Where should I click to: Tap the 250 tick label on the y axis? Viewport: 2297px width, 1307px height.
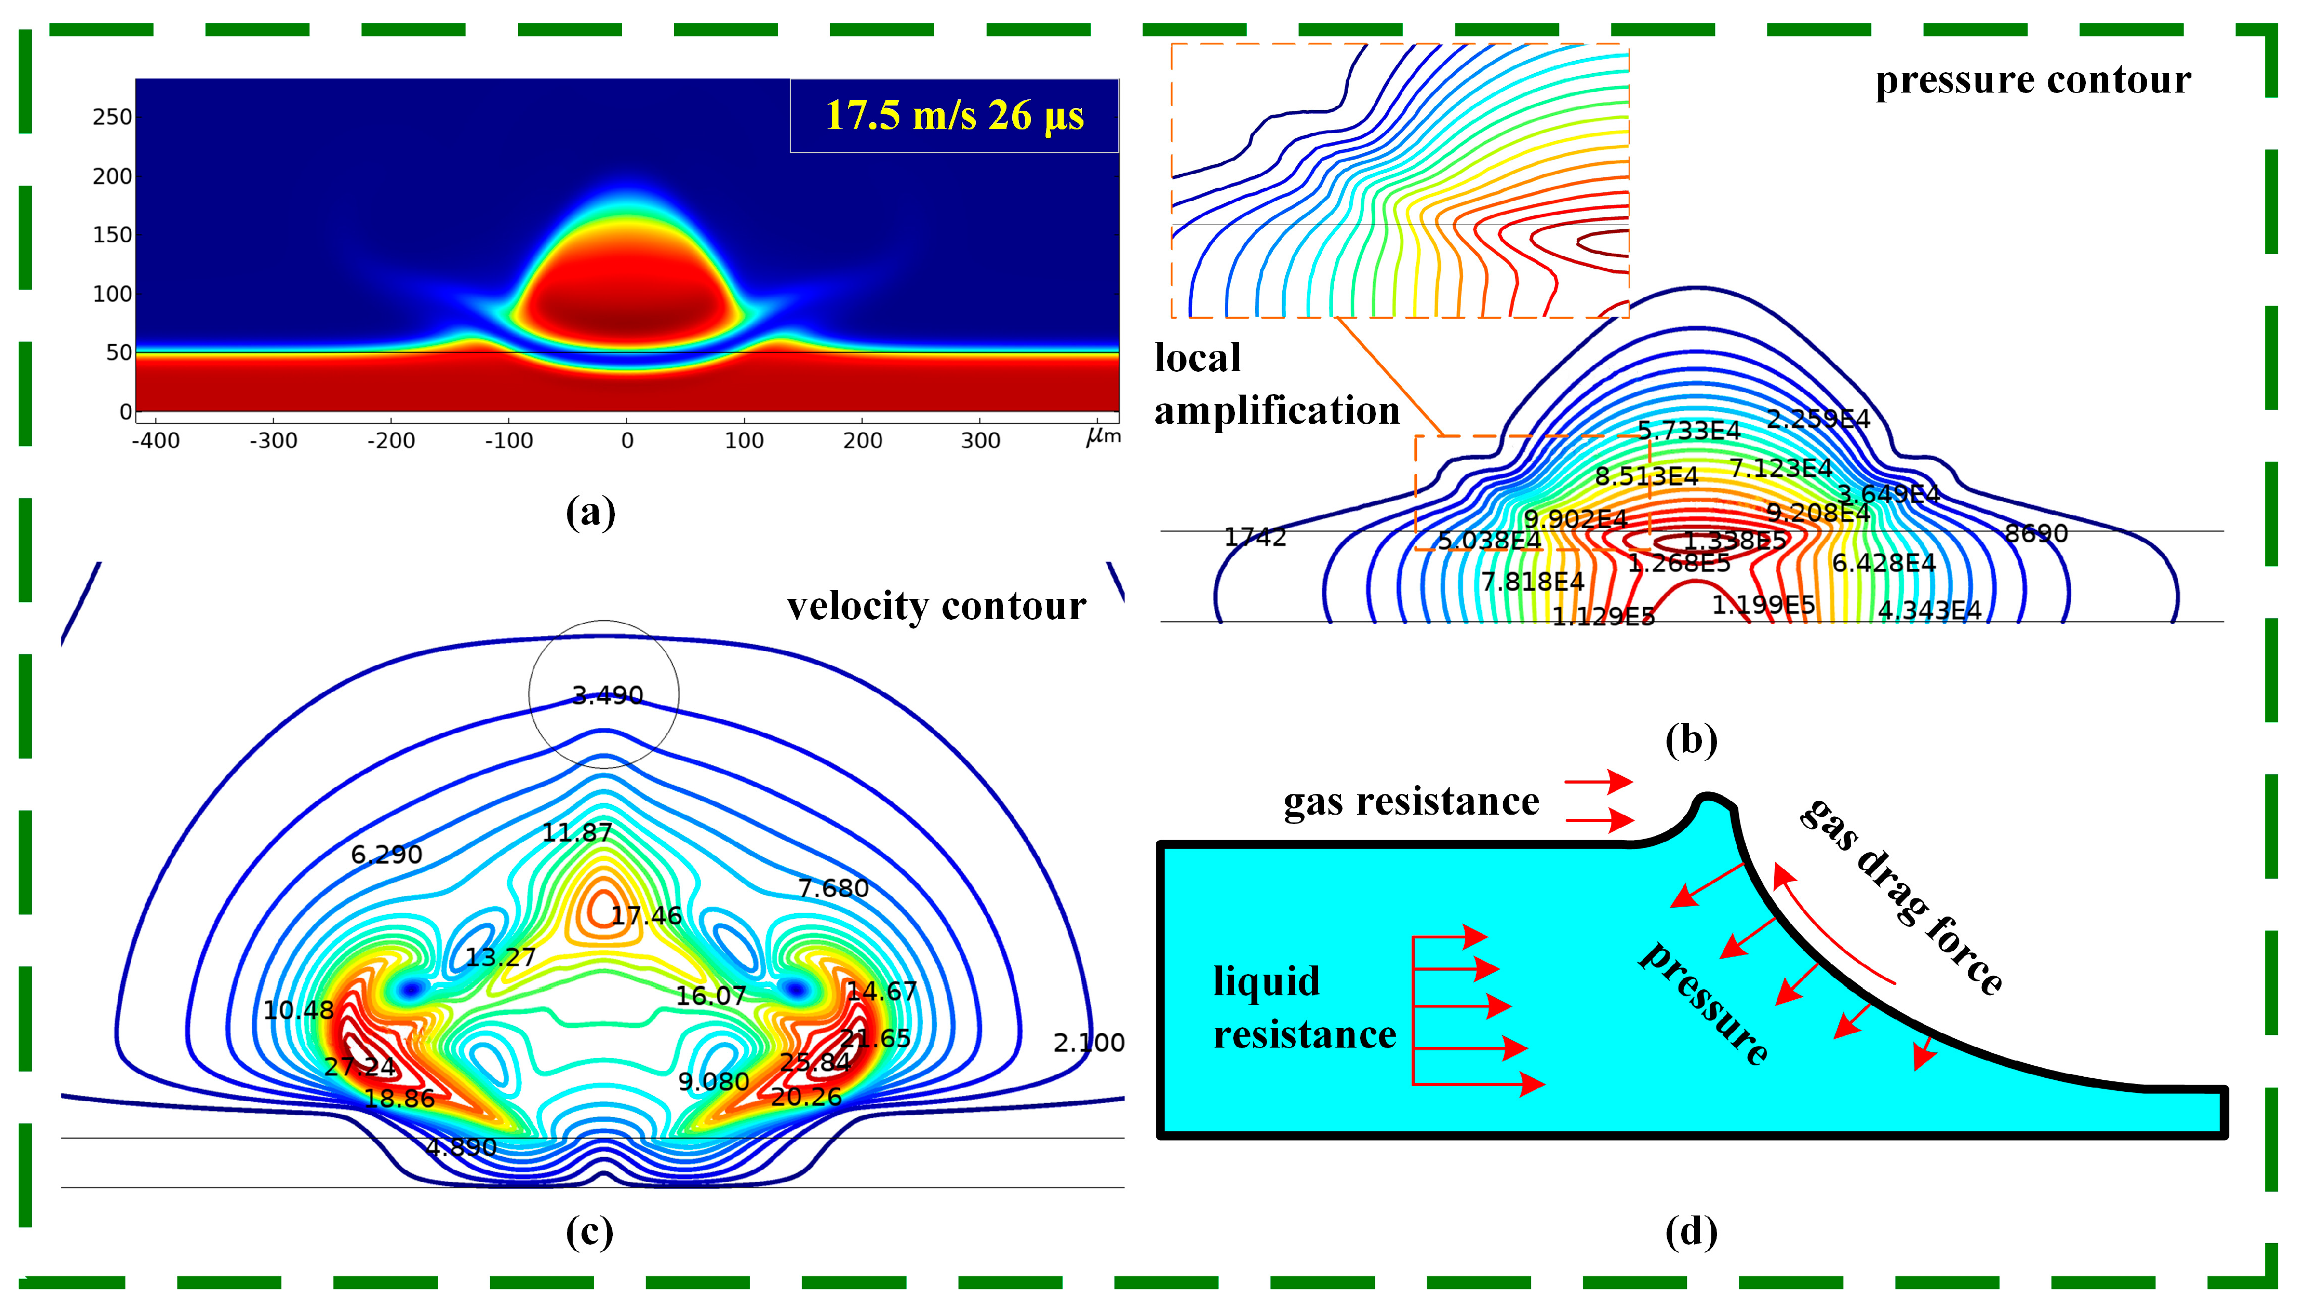pos(112,117)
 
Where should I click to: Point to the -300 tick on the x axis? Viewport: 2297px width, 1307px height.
pos(273,441)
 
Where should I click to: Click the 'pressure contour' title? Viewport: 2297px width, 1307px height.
pos(2032,80)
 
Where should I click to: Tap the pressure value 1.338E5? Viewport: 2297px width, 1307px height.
pos(1734,540)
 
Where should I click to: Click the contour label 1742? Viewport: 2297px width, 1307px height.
pos(1255,538)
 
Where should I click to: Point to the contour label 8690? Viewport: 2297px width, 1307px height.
pos(2036,534)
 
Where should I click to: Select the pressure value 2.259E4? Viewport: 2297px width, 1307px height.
pos(1817,419)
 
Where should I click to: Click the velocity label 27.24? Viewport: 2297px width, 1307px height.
pos(359,1066)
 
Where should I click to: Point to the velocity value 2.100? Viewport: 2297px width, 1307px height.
pos(1088,1043)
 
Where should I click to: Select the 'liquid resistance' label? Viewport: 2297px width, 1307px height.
pos(1304,1008)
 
